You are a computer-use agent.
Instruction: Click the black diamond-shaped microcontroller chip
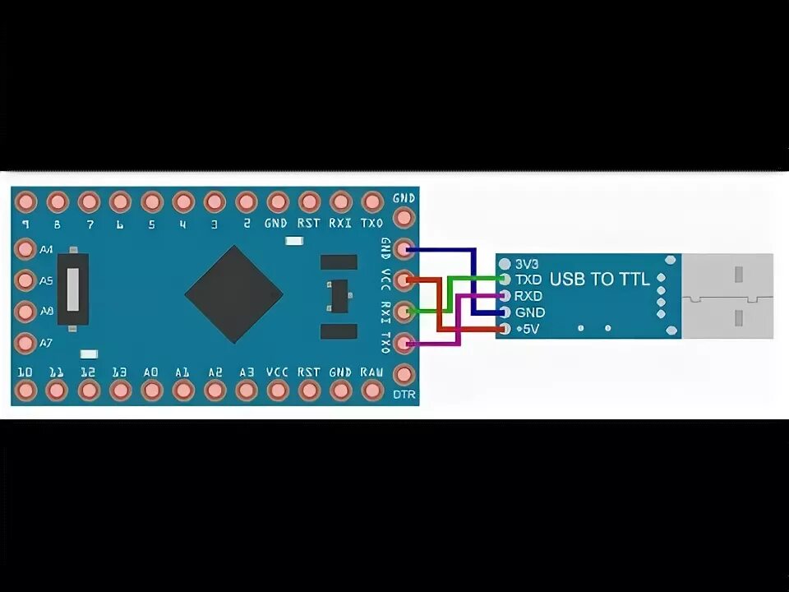tap(234, 294)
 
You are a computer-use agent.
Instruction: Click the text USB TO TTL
tap(599, 280)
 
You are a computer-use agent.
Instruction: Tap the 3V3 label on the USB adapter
tap(527, 264)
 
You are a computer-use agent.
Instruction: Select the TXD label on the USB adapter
tap(528, 280)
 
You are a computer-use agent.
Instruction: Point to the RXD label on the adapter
tap(528, 296)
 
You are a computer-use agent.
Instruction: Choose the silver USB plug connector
tap(727, 296)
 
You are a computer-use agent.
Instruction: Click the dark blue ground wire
tap(475, 280)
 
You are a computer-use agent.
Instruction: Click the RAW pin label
tap(371, 372)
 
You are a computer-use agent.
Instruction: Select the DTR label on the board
tap(404, 395)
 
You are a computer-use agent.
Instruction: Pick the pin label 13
tap(119, 372)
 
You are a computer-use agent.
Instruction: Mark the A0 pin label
tap(151, 372)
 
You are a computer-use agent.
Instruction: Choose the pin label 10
tap(25, 372)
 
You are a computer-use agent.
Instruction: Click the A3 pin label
tap(246, 372)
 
